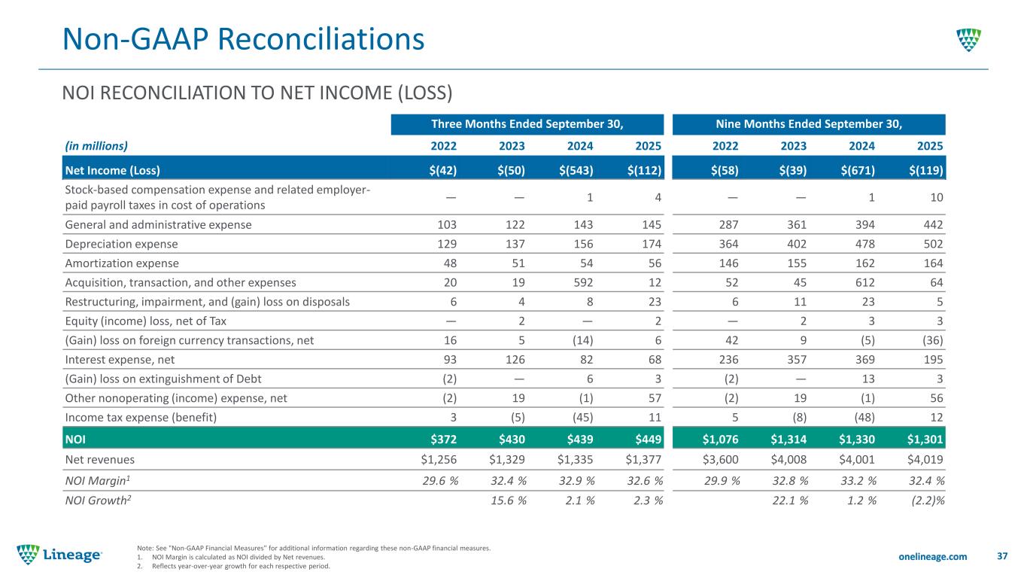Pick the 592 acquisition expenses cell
[582, 283]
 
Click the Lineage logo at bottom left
[60, 554]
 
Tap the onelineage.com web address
[932, 555]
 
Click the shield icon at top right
[968, 39]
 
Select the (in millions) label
[96, 146]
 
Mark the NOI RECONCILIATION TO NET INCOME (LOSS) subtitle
[257, 93]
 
